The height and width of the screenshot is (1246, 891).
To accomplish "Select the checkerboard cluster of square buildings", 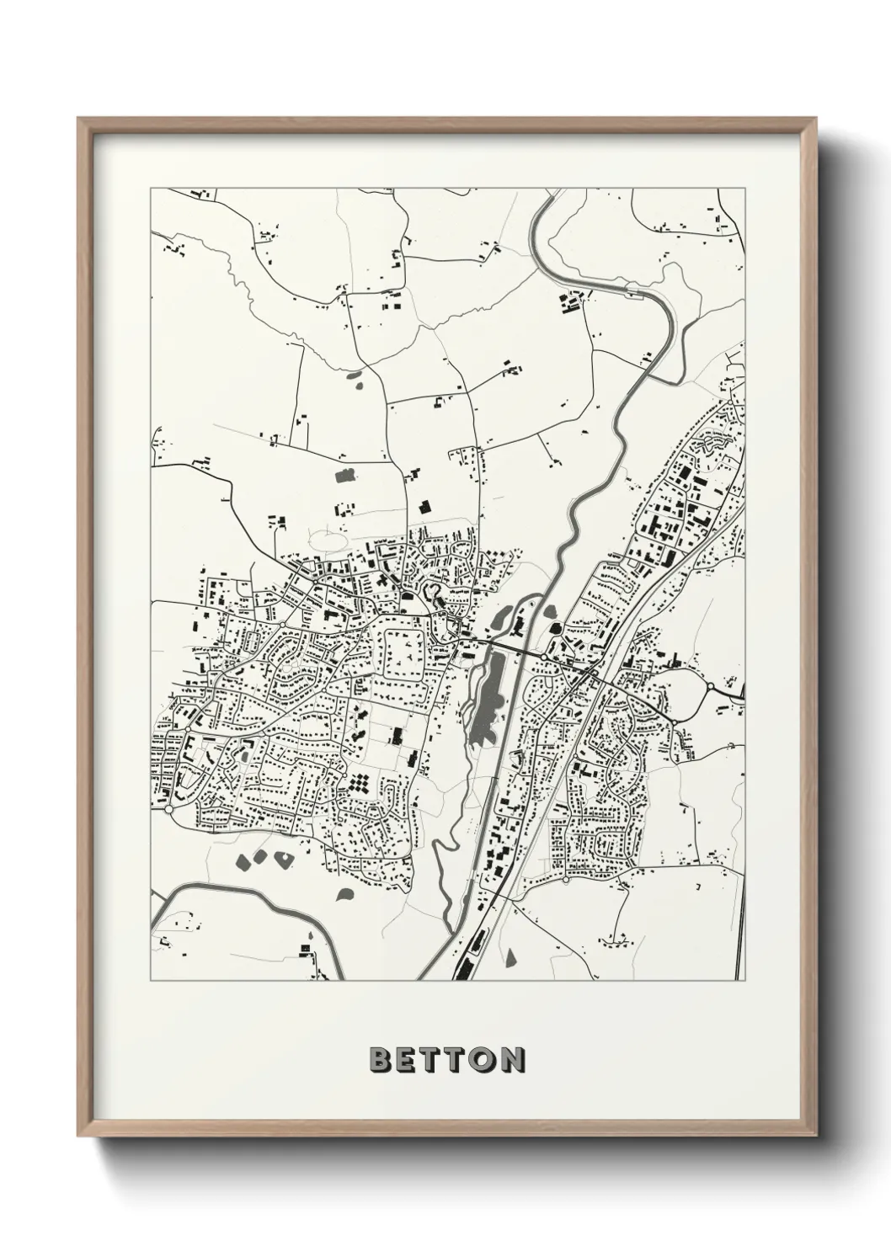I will click(362, 784).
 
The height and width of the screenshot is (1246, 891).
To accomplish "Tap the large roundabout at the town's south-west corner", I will click(168, 809).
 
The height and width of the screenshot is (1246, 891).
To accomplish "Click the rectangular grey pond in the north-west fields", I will click(344, 477).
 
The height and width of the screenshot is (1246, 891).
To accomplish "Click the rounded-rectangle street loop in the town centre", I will click(405, 647).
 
